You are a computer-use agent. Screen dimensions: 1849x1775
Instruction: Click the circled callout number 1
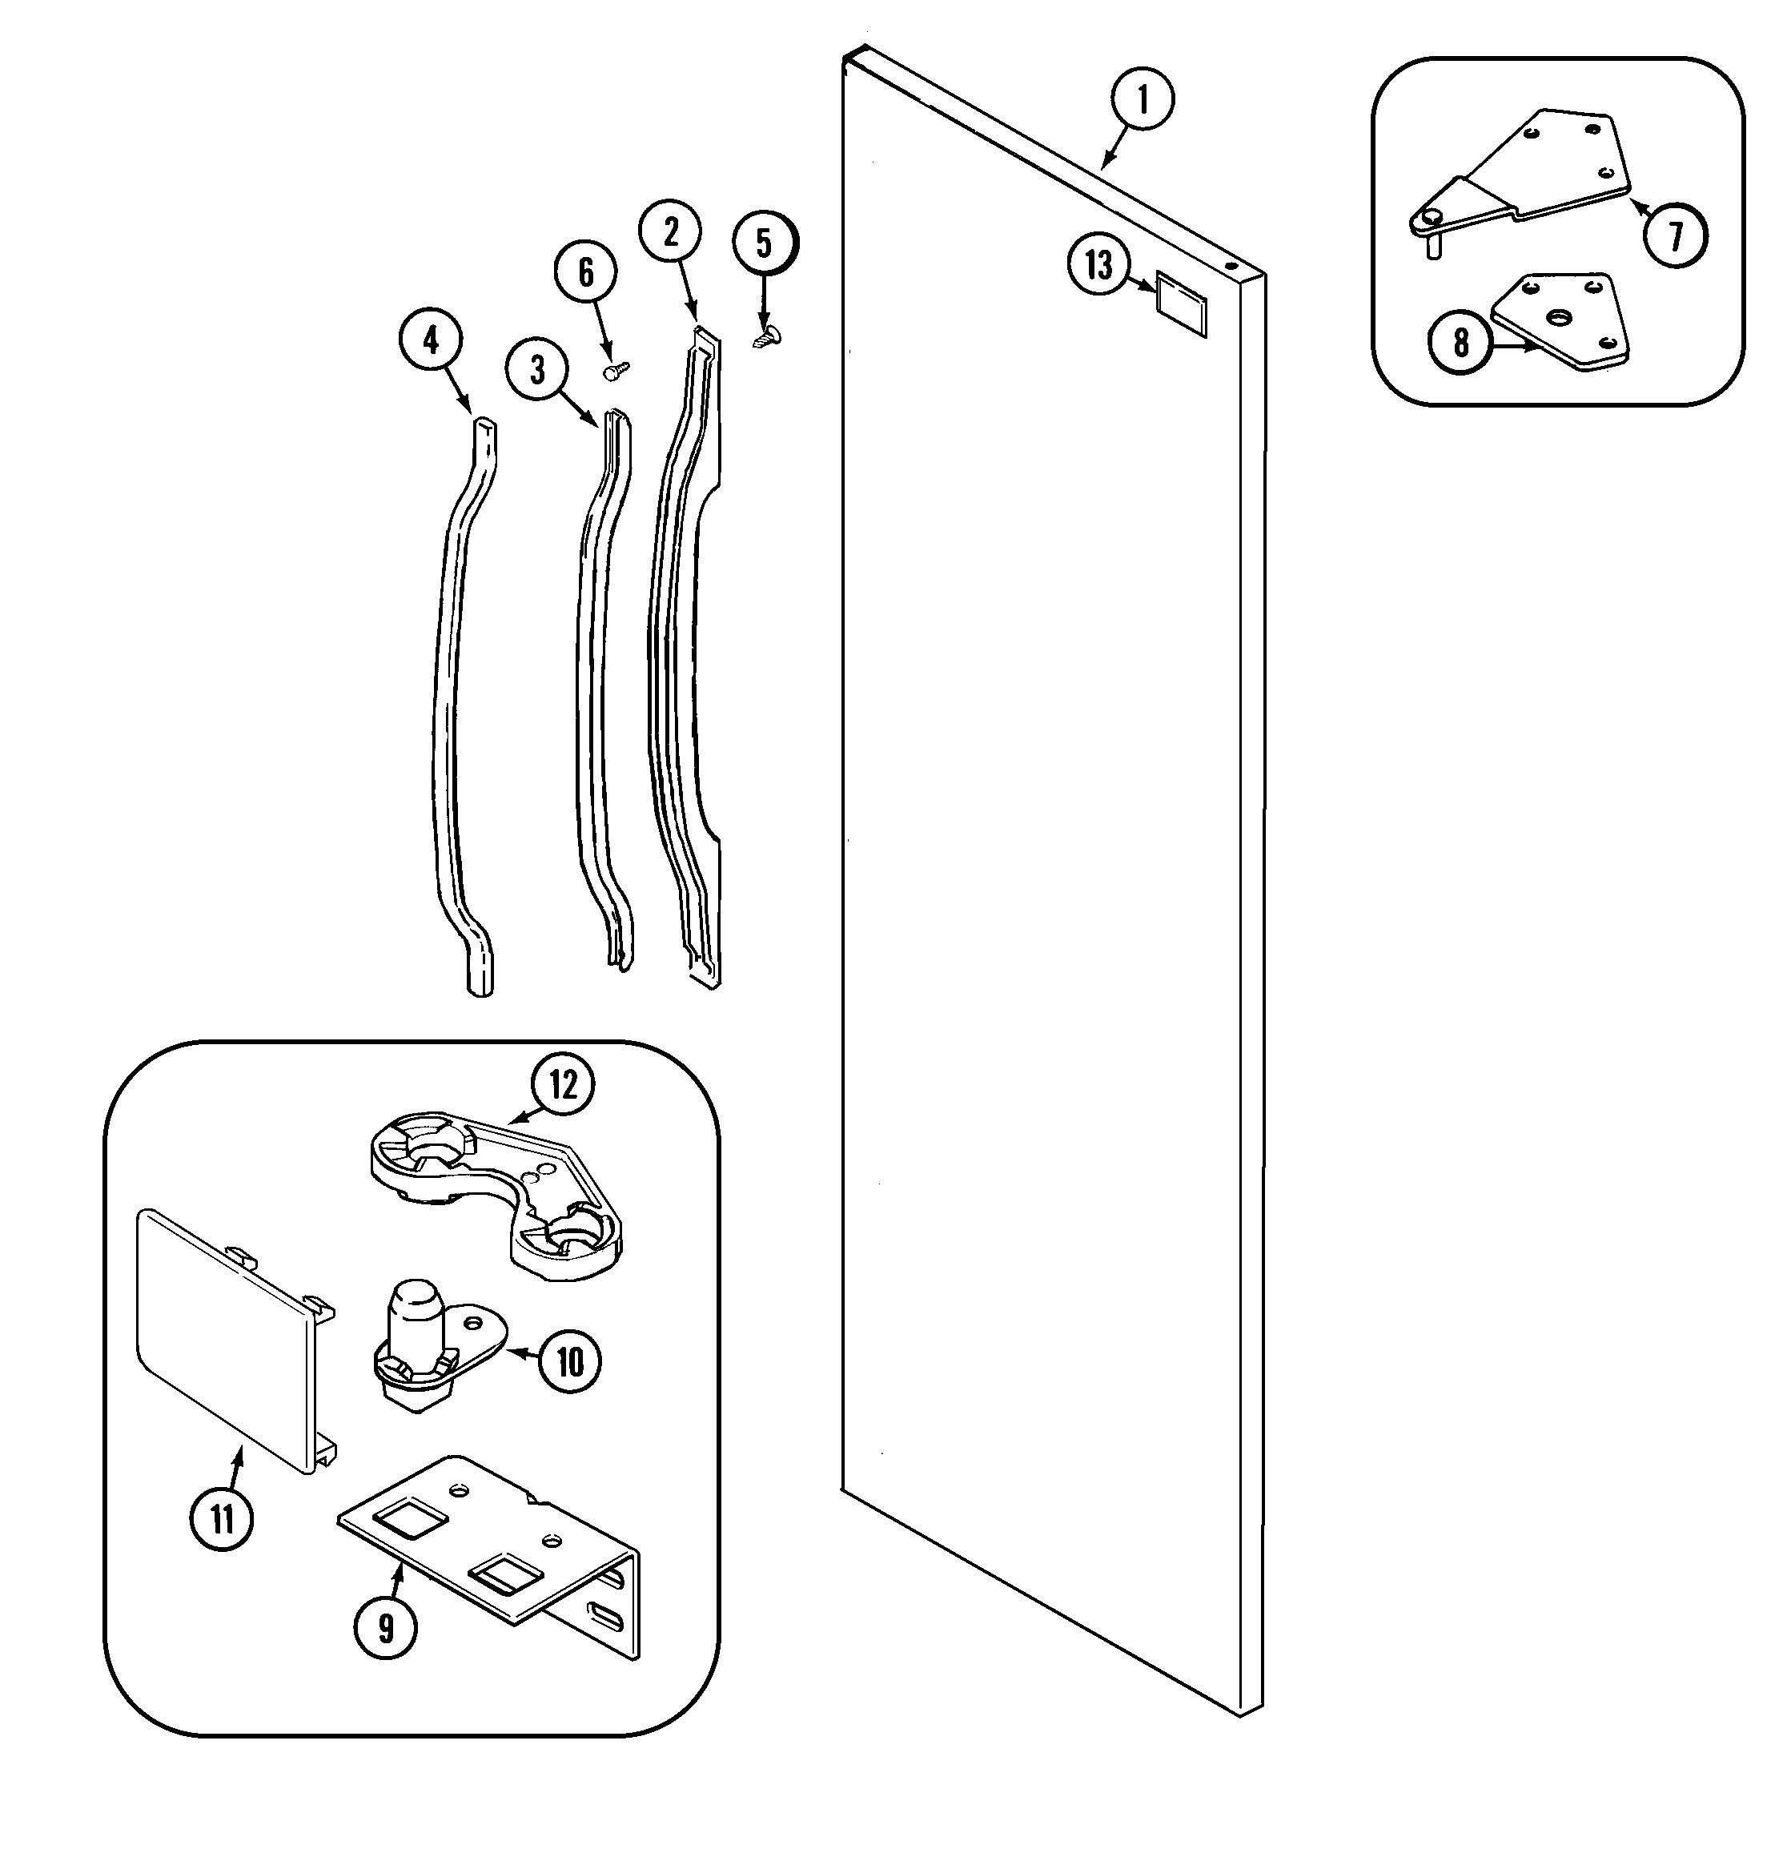pos(1143,99)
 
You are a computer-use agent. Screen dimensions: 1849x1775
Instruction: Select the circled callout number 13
pos(1098,266)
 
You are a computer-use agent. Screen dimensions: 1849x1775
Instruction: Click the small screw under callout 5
pos(767,335)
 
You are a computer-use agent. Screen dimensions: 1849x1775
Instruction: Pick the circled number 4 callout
pos(431,340)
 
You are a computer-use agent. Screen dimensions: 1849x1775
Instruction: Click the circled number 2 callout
pos(671,232)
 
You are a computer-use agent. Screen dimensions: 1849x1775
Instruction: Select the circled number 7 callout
pos(1676,236)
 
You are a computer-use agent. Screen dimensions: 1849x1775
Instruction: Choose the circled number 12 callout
pos(563,1085)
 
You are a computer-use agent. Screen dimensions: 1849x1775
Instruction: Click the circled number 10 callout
pos(571,1361)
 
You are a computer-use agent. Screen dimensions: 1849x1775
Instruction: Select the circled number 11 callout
pos(222,1520)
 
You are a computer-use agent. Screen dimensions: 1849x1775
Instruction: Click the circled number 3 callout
pos(537,371)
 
